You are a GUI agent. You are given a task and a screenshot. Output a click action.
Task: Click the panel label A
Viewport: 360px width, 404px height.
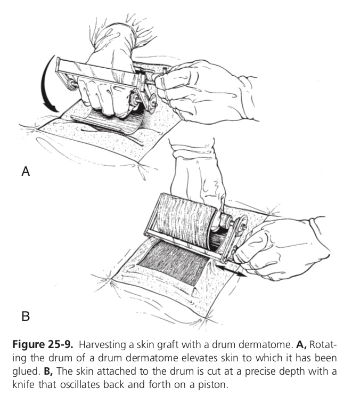(25, 172)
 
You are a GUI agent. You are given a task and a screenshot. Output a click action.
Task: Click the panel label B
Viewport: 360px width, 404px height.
(25, 317)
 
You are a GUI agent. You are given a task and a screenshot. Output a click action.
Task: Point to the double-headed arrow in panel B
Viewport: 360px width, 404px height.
(235, 272)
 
